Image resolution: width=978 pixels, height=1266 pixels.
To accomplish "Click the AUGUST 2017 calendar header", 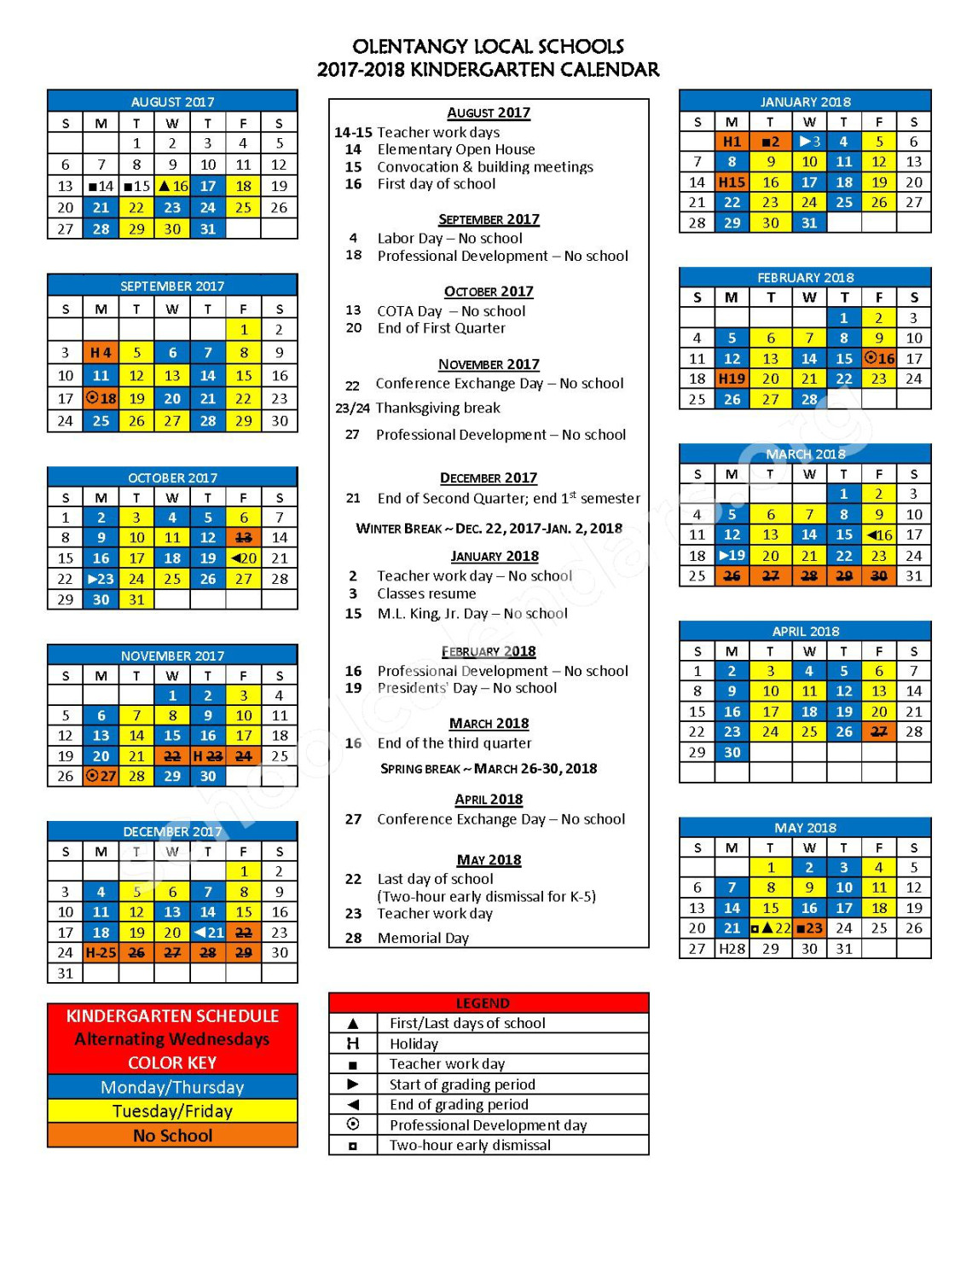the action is pyautogui.click(x=172, y=101).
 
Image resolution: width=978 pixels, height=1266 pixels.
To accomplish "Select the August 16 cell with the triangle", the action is pyautogui.click(x=172, y=186).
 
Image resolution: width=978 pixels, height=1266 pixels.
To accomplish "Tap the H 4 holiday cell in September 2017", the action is pyautogui.click(x=101, y=352).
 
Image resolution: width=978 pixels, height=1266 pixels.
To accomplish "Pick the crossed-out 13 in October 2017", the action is pyautogui.click(x=244, y=538).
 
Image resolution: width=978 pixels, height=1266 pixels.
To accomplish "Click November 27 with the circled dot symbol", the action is pyautogui.click(x=101, y=777).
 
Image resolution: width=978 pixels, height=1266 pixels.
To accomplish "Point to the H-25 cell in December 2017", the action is pyautogui.click(x=101, y=953).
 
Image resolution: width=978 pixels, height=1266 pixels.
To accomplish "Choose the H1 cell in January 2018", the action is pyautogui.click(x=732, y=142).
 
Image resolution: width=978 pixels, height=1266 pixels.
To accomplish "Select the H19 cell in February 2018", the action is pyautogui.click(x=732, y=379).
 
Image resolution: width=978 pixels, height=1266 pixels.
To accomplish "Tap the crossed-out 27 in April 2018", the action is pyautogui.click(x=879, y=731).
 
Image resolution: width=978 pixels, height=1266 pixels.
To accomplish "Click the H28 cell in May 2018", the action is pyautogui.click(x=732, y=949).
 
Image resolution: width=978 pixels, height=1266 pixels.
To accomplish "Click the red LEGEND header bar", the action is pyautogui.click(x=489, y=1003).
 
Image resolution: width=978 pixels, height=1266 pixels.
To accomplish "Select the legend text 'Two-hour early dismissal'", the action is pyautogui.click(x=470, y=1145).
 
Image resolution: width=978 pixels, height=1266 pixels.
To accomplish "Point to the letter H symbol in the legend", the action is pyautogui.click(x=353, y=1043).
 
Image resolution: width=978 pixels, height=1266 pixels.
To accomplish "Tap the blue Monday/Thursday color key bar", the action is pyautogui.click(x=172, y=1087).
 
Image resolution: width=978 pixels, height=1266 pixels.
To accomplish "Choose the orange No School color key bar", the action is pyautogui.click(x=172, y=1136).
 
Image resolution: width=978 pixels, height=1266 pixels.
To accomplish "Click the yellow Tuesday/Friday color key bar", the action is pyautogui.click(x=172, y=1111).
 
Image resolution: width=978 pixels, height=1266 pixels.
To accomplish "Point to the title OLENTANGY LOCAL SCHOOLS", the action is pyautogui.click(x=488, y=46).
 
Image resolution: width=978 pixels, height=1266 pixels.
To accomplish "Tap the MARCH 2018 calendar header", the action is pyautogui.click(x=805, y=454).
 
